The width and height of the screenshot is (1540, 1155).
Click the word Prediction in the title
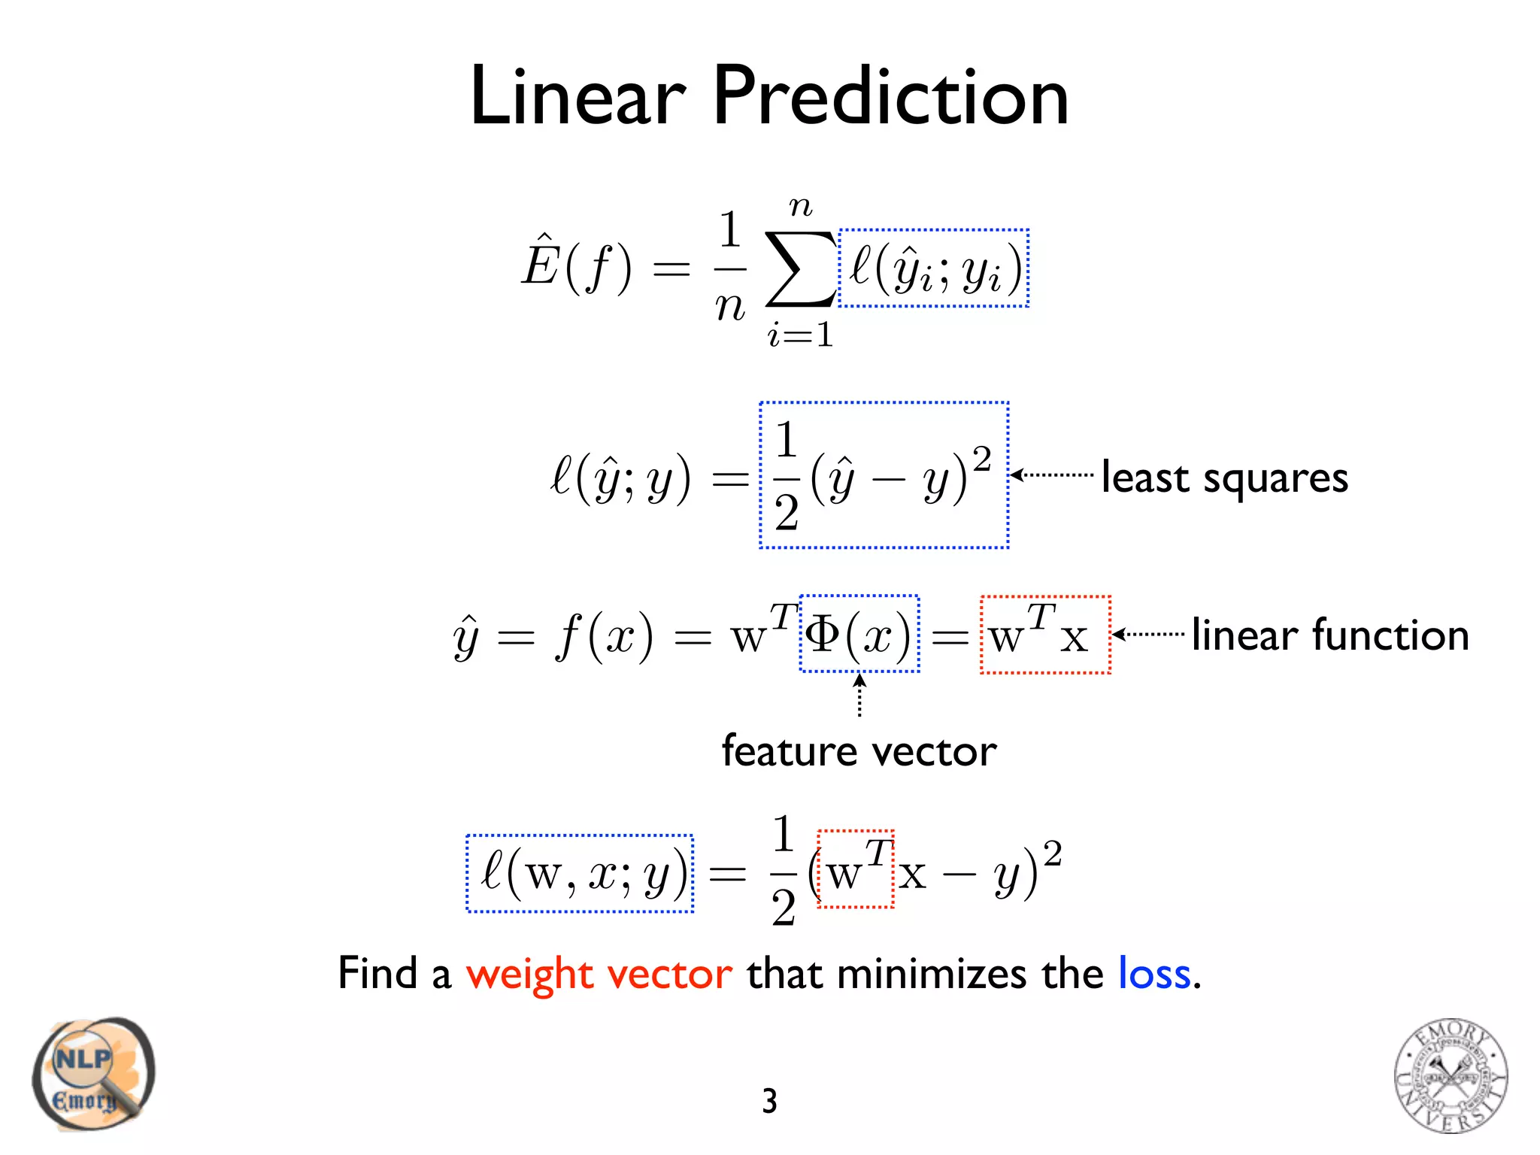890,98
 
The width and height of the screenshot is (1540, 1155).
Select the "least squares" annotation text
1224,478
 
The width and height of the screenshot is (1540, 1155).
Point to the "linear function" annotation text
1329,635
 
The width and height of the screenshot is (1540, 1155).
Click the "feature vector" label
859,751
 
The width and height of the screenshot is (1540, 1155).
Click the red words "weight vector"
599,974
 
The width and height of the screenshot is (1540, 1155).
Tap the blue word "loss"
1154,974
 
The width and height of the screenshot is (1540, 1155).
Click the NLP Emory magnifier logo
92,1074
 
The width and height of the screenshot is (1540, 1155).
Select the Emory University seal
1451,1075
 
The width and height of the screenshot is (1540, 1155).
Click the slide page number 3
769,1102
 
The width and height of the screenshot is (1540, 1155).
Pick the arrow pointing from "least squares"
1051,474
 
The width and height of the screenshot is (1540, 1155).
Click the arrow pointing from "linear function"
1148,635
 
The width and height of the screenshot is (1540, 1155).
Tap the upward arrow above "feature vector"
859,696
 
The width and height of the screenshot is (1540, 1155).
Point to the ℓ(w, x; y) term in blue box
580,874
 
